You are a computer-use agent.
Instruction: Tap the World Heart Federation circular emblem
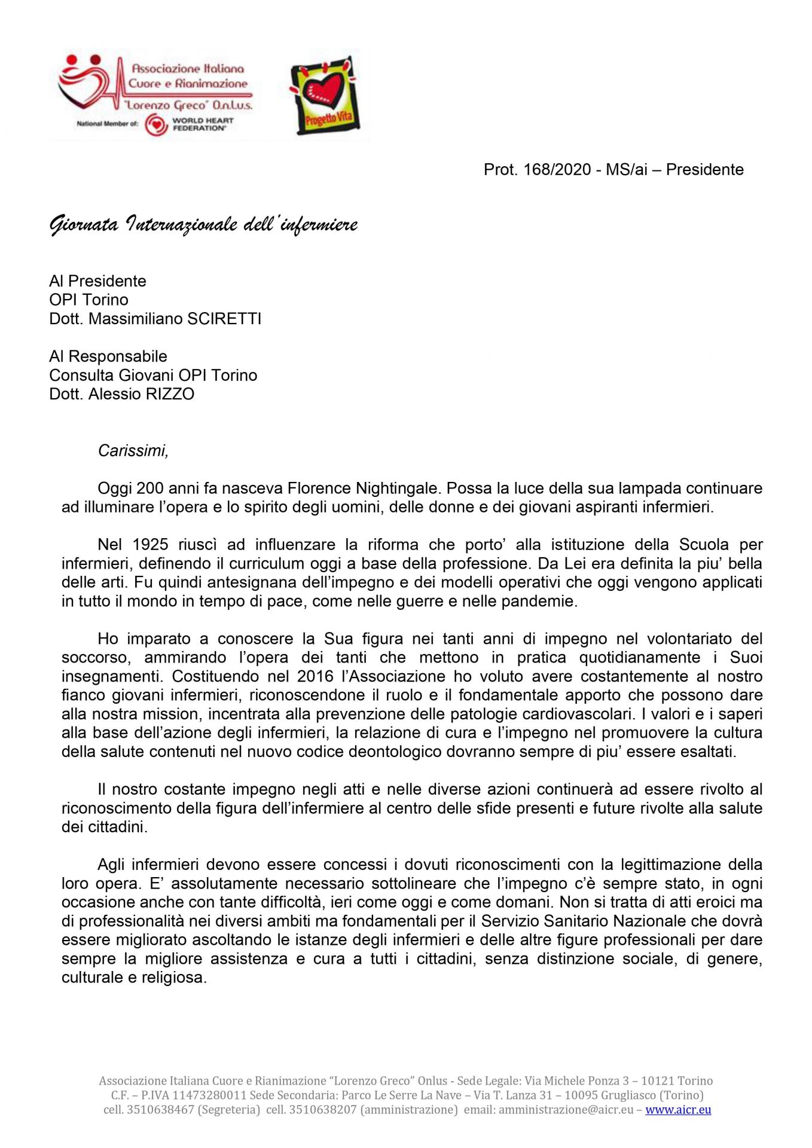pos(155,124)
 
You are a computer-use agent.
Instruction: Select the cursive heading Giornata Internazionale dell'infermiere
pos(203,225)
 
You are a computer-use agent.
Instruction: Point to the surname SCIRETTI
pos(225,319)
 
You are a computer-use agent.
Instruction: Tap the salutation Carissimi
pos(133,450)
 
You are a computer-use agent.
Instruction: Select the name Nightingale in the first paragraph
pos(398,488)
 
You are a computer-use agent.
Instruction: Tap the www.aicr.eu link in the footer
pos(678,1110)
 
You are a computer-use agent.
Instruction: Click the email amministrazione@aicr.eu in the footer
pos(566,1110)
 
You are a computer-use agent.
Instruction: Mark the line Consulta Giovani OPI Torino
pos(153,375)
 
